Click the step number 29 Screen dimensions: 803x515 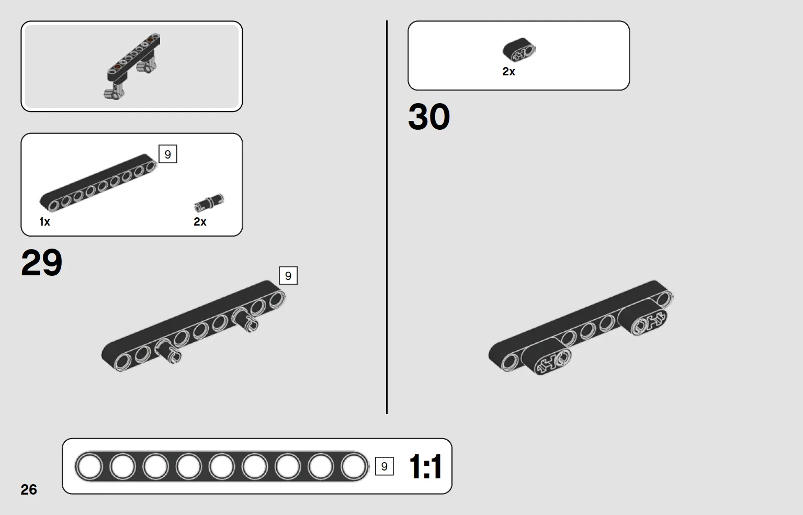tap(41, 263)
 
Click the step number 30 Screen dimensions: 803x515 tap(429, 117)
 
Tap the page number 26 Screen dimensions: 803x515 tap(29, 489)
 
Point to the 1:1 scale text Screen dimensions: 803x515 tap(425, 466)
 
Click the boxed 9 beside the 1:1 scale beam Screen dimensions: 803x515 tap(384, 466)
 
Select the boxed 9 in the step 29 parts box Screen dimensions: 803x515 tap(168, 154)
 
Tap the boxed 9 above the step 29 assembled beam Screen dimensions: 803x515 tap(288, 275)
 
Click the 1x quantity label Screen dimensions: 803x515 tap(44, 221)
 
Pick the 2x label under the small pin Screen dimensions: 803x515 tap(200, 221)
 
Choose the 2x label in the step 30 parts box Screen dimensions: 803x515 tap(508, 71)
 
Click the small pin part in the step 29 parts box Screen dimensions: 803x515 tap(209, 203)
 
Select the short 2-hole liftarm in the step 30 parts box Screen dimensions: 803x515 tap(519, 50)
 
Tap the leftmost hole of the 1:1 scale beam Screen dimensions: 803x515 tap(89, 466)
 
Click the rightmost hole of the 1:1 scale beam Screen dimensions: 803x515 tap(354, 466)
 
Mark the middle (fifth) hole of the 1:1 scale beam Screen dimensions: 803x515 tap(221, 466)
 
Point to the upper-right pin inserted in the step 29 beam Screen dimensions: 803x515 tap(245, 319)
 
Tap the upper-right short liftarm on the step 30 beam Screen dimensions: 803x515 tap(642, 317)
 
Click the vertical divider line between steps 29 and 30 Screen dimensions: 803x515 tap(387, 217)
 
